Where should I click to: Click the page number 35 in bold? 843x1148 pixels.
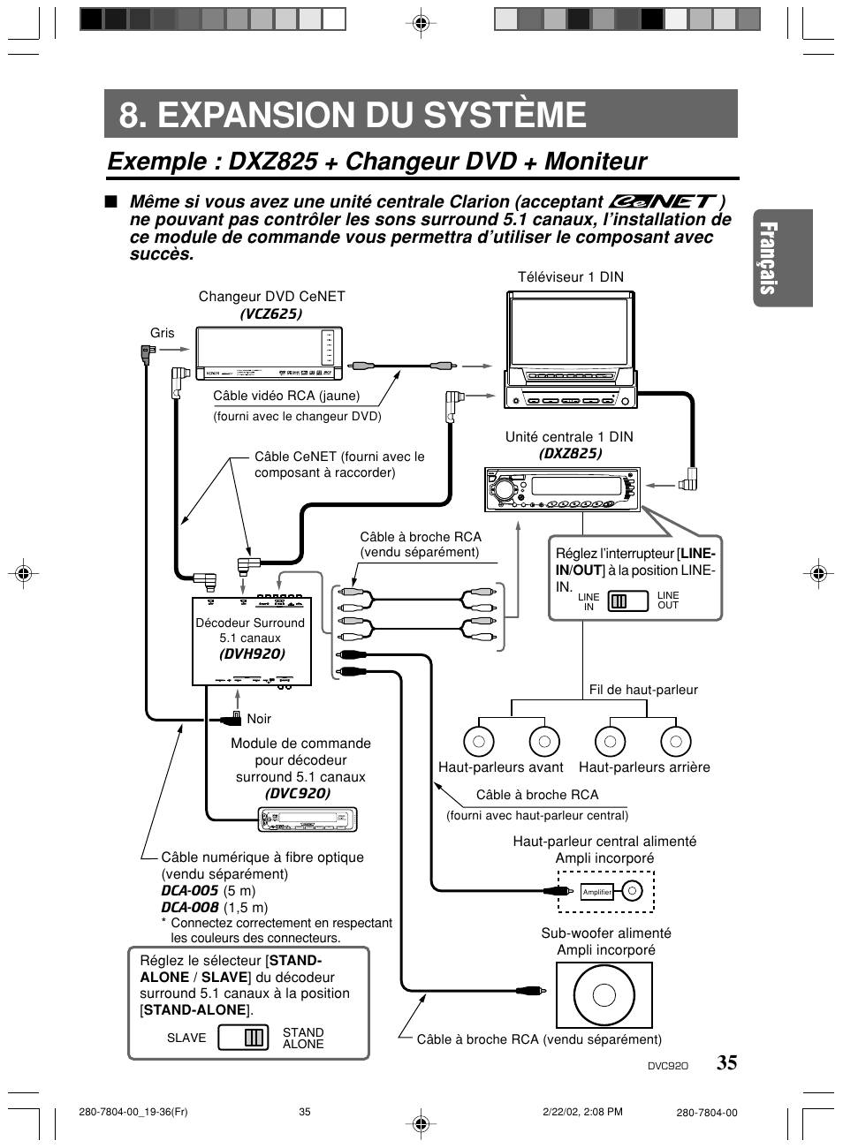[726, 1062]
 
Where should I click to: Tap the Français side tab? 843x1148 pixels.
[781, 258]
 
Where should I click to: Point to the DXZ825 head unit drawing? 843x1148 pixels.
[562, 489]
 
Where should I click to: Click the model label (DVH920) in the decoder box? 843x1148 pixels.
[252, 654]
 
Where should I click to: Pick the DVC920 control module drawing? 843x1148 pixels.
[307, 820]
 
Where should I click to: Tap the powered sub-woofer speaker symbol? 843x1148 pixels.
[604, 994]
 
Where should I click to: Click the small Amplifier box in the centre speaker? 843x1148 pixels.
[597, 892]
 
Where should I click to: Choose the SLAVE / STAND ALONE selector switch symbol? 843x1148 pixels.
[243, 1038]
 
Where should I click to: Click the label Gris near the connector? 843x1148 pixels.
[162, 333]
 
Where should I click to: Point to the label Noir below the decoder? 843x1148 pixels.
[259, 719]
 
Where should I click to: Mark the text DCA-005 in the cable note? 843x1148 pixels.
[189, 891]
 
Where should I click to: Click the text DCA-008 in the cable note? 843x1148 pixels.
[189, 908]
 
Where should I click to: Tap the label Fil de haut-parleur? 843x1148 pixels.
[643, 690]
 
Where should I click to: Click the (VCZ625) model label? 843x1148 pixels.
[271, 313]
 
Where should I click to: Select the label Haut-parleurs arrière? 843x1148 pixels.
[644, 767]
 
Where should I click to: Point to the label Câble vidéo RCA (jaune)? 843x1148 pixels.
[286, 396]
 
